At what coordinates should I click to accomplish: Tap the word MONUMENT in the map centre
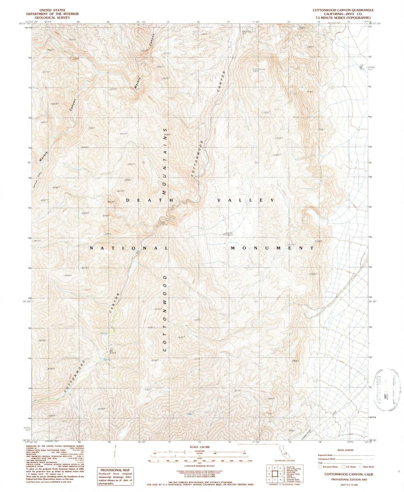click(272, 248)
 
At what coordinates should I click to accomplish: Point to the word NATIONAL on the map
click(129, 248)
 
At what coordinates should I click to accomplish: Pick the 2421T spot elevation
click(267, 112)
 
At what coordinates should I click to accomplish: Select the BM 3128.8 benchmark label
click(112, 351)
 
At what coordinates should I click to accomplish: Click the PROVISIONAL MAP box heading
click(115, 470)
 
